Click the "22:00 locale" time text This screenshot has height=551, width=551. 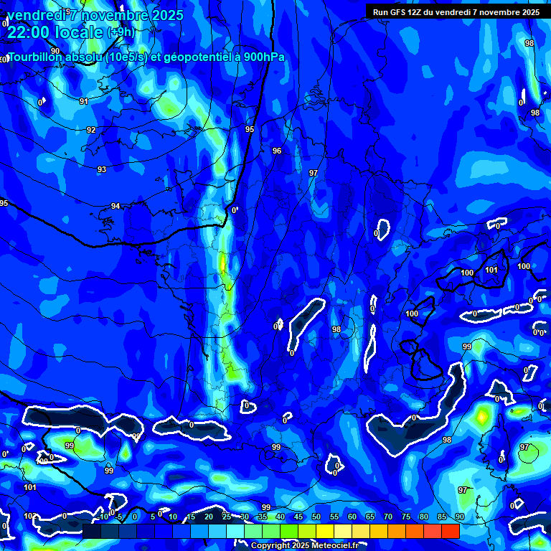(x=56, y=32)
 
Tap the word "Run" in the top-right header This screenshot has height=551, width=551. (x=381, y=12)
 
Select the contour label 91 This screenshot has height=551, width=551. (x=84, y=102)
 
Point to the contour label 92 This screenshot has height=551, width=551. (x=91, y=130)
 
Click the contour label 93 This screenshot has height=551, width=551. (x=102, y=169)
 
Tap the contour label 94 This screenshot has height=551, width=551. (x=116, y=207)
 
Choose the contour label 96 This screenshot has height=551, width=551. (x=277, y=151)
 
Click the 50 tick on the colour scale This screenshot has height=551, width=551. (x=316, y=517)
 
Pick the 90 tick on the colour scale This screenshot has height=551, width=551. (x=459, y=517)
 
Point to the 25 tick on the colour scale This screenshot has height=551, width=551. (x=227, y=517)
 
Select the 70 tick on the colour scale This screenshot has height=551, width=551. (x=388, y=517)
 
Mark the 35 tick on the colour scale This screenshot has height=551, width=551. (x=263, y=517)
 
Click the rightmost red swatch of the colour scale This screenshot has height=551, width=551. (x=451, y=531)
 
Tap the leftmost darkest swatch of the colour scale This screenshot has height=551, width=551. (x=91, y=531)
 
